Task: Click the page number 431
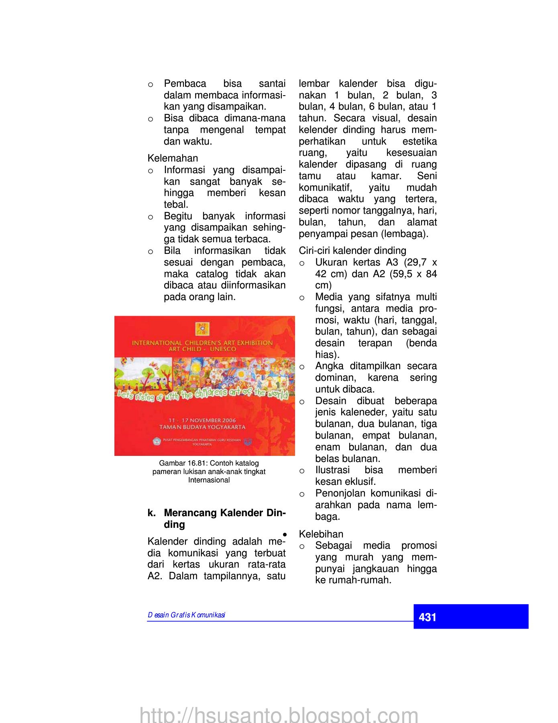point(427,617)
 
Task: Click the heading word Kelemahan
point(173,158)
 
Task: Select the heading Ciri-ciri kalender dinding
point(352,251)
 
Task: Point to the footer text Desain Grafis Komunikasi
point(186,615)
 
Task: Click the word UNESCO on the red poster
point(223,349)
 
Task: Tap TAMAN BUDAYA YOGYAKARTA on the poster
point(202,427)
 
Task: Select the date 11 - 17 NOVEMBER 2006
point(202,420)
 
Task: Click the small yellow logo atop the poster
point(202,329)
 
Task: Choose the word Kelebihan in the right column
point(321,534)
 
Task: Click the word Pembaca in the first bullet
point(185,84)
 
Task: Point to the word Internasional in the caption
point(209,480)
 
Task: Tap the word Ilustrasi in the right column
point(332,470)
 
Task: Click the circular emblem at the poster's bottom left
point(157,441)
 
